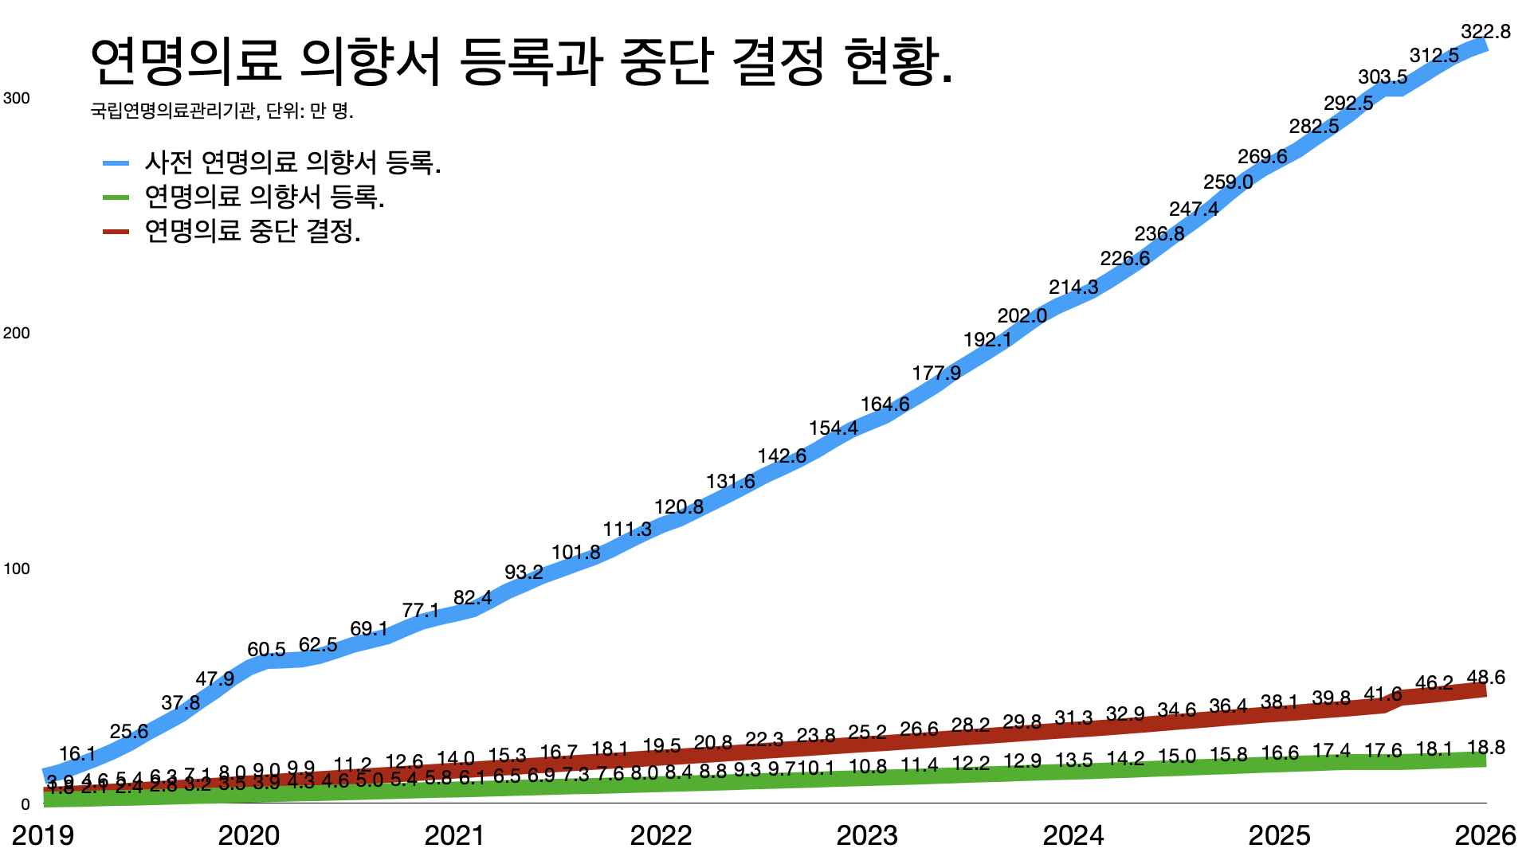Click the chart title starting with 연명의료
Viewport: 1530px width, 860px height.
522,61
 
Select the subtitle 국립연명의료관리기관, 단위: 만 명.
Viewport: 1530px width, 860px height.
222,111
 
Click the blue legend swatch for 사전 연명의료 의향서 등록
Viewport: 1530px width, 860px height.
116,163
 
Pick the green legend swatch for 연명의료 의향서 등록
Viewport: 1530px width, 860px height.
116,197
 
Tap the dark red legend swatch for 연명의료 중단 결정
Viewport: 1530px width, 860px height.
116,232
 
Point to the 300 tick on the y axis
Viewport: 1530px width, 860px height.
17,98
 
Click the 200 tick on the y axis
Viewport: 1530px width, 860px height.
17,333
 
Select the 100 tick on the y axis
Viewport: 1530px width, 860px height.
17,569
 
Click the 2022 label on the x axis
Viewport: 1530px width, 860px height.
661,835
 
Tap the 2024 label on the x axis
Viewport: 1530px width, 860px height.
1073,835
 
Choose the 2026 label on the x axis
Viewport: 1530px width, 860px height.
1485,835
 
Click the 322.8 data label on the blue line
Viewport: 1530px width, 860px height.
1485,32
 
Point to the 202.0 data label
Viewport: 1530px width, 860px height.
1022,316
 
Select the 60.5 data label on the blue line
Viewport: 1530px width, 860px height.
266,650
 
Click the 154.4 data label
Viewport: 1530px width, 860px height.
833,428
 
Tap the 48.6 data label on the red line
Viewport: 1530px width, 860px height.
1485,678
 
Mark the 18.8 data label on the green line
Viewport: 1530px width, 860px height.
1485,748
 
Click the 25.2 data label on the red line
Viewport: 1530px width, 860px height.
867,732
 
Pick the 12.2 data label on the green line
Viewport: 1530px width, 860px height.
971,764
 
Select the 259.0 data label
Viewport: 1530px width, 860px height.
1228,182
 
